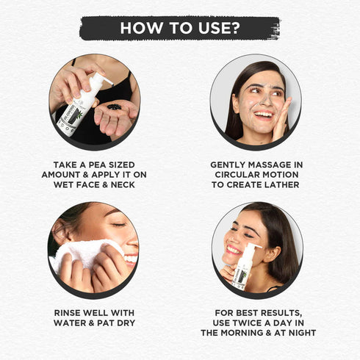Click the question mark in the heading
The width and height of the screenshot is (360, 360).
(235, 28)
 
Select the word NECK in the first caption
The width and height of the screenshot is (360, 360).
(123, 184)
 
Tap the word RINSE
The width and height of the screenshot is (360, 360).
(66, 313)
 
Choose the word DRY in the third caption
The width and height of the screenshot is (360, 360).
(126, 323)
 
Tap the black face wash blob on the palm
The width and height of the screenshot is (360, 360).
(114, 107)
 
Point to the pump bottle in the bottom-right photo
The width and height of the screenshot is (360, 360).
(245, 267)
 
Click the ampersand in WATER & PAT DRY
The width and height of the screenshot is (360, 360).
(92, 323)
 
